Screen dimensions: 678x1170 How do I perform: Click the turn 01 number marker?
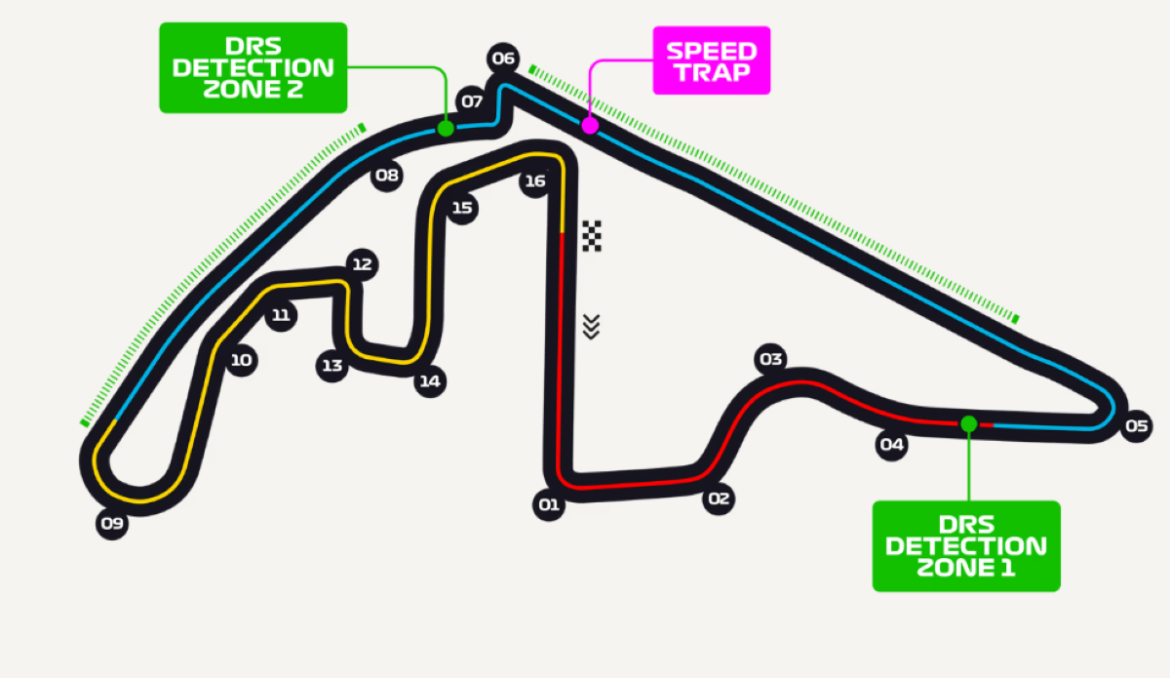coord(548,504)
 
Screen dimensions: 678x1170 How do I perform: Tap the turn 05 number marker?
coord(1136,425)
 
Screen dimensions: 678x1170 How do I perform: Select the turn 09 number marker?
coord(112,524)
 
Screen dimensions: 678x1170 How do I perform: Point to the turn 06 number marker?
coord(503,59)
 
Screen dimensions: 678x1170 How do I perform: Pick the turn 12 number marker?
coord(363,264)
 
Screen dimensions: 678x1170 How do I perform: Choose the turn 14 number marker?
coord(429,381)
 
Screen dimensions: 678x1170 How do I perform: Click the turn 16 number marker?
coord(534,181)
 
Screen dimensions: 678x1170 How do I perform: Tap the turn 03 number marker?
coord(770,360)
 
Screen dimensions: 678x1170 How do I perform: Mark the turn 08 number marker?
coord(387,177)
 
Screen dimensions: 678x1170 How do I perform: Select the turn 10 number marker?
coord(241,361)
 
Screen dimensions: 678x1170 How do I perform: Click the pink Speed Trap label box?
coord(711,60)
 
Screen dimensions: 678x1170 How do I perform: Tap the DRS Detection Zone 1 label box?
coord(965,546)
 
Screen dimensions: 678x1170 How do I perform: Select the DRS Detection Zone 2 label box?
coord(253,67)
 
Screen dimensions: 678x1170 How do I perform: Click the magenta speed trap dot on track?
coord(590,125)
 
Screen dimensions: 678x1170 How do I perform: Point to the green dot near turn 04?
coord(968,423)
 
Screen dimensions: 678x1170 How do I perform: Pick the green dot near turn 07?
coord(446,128)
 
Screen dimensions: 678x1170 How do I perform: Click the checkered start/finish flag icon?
coord(592,236)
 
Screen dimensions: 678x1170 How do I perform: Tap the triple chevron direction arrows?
coord(591,327)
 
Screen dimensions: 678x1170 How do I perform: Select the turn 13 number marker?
coord(332,366)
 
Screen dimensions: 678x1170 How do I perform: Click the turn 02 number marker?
coord(719,499)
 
